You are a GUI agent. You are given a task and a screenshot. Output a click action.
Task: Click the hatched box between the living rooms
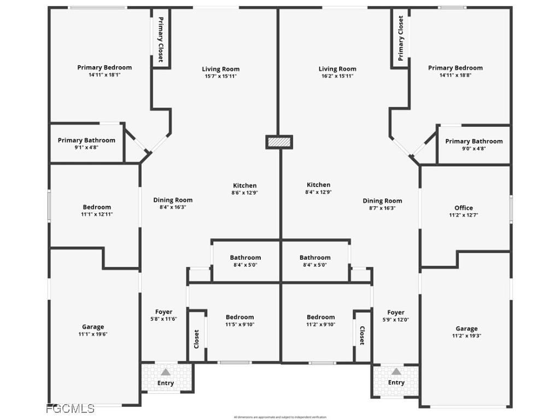point(279,142)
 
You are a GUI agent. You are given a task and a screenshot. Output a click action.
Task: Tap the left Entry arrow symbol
point(165,372)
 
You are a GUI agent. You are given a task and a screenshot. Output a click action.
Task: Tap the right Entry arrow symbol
point(396,372)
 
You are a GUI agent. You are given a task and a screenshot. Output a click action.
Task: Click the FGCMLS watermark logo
point(71,409)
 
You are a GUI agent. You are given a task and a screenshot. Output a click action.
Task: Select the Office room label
point(464,208)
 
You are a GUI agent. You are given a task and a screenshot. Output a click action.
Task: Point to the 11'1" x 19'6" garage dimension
point(93,334)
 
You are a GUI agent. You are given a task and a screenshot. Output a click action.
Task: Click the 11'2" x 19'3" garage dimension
point(466,336)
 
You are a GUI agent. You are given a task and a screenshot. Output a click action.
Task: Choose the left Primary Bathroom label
point(86,141)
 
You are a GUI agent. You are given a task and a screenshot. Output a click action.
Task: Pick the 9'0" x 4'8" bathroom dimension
point(474,149)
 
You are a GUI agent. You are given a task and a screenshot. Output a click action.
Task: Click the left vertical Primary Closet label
point(161,39)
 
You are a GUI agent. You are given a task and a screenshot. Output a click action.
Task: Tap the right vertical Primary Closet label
point(401,38)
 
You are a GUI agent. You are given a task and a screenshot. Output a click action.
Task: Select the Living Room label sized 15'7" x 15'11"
point(220,69)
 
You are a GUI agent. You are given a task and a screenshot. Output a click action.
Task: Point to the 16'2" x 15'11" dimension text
point(337,76)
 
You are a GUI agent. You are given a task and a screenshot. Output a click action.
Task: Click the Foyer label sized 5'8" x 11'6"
point(164,312)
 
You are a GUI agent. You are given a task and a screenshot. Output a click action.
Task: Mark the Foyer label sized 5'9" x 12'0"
point(396,313)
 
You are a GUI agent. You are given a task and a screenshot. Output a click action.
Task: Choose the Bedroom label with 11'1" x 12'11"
point(97,207)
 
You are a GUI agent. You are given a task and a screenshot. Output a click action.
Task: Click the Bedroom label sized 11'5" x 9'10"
point(240,317)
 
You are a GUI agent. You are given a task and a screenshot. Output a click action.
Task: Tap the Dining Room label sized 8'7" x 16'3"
point(382,201)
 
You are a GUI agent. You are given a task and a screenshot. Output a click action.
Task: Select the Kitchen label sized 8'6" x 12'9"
point(244,185)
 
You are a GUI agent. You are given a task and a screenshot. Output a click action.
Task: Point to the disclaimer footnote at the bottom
point(280,417)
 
